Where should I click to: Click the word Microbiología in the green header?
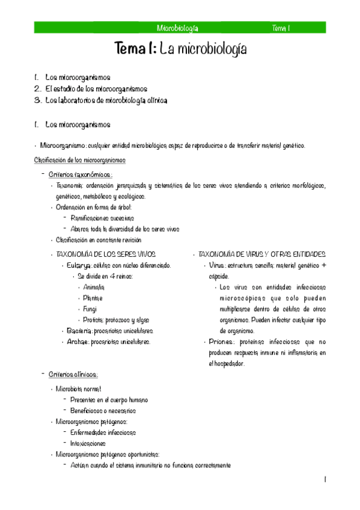point(177,28)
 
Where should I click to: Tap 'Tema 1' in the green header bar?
point(281,28)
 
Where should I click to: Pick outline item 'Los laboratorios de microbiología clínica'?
point(106,100)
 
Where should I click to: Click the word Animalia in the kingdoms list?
point(94,287)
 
